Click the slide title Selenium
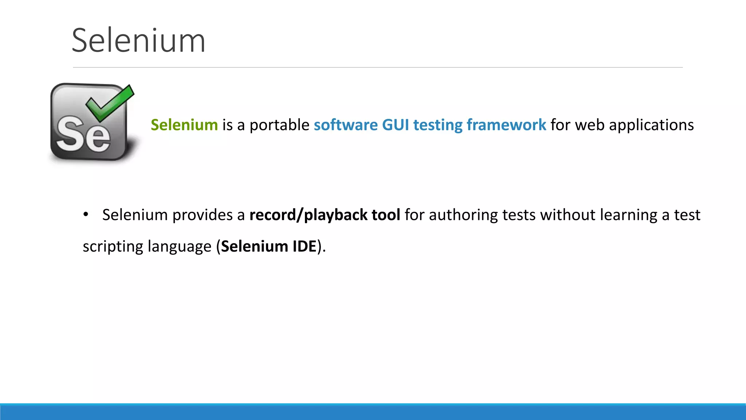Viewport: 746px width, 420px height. coord(138,41)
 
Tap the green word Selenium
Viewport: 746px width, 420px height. coord(184,125)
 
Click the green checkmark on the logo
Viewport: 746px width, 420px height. coord(110,102)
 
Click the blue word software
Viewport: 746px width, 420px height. coord(346,125)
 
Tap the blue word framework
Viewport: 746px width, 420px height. coord(506,125)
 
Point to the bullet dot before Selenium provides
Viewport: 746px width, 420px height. coord(86,215)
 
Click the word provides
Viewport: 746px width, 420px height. coord(202,215)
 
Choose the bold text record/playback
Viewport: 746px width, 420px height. coord(308,215)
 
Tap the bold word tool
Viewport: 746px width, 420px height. coord(386,215)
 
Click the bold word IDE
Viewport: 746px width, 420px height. coord(304,246)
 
